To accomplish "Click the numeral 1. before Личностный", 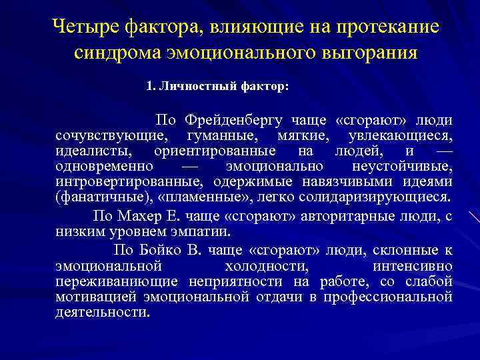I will pyautogui.click(x=150, y=86).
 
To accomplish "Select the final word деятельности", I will pyautogui.click(x=102, y=312).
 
